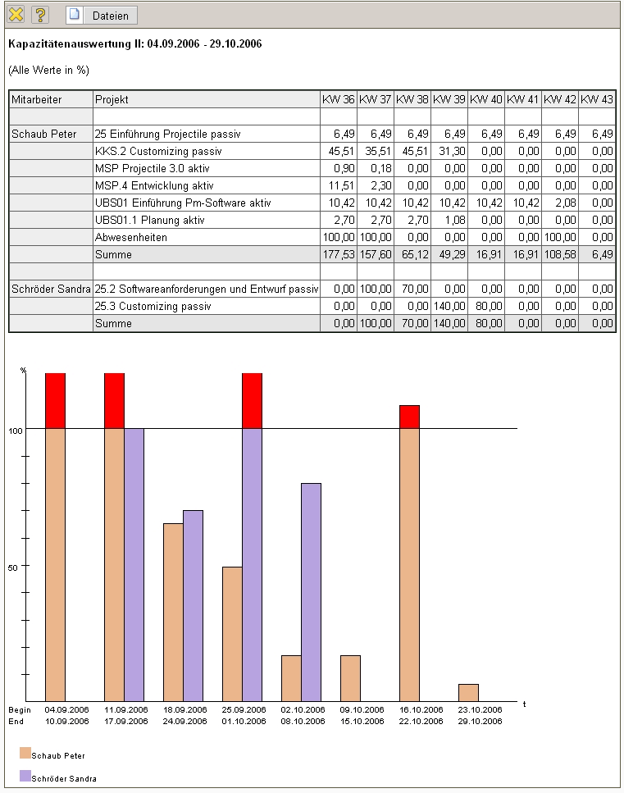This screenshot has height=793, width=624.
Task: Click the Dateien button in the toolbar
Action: click(x=102, y=15)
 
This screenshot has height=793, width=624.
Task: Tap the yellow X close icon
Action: click(x=16, y=15)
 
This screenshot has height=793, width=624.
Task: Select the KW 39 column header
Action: click(x=449, y=99)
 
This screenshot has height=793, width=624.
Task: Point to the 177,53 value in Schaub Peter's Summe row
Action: click(x=339, y=255)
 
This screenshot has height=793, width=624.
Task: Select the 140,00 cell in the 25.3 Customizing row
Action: click(x=450, y=306)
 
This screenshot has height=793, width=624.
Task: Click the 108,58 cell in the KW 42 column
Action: click(x=560, y=255)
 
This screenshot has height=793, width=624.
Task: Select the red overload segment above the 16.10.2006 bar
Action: click(x=409, y=417)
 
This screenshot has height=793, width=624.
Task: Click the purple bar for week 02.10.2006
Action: click(x=311, y=591)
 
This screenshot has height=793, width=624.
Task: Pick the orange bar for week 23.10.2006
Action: click(x=468, y=692)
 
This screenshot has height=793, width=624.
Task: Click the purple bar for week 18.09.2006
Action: click(x=193, y=605)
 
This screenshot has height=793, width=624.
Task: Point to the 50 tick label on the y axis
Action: click(x=12, y=566)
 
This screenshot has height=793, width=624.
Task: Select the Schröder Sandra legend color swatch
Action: click(x=25, y=776)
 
